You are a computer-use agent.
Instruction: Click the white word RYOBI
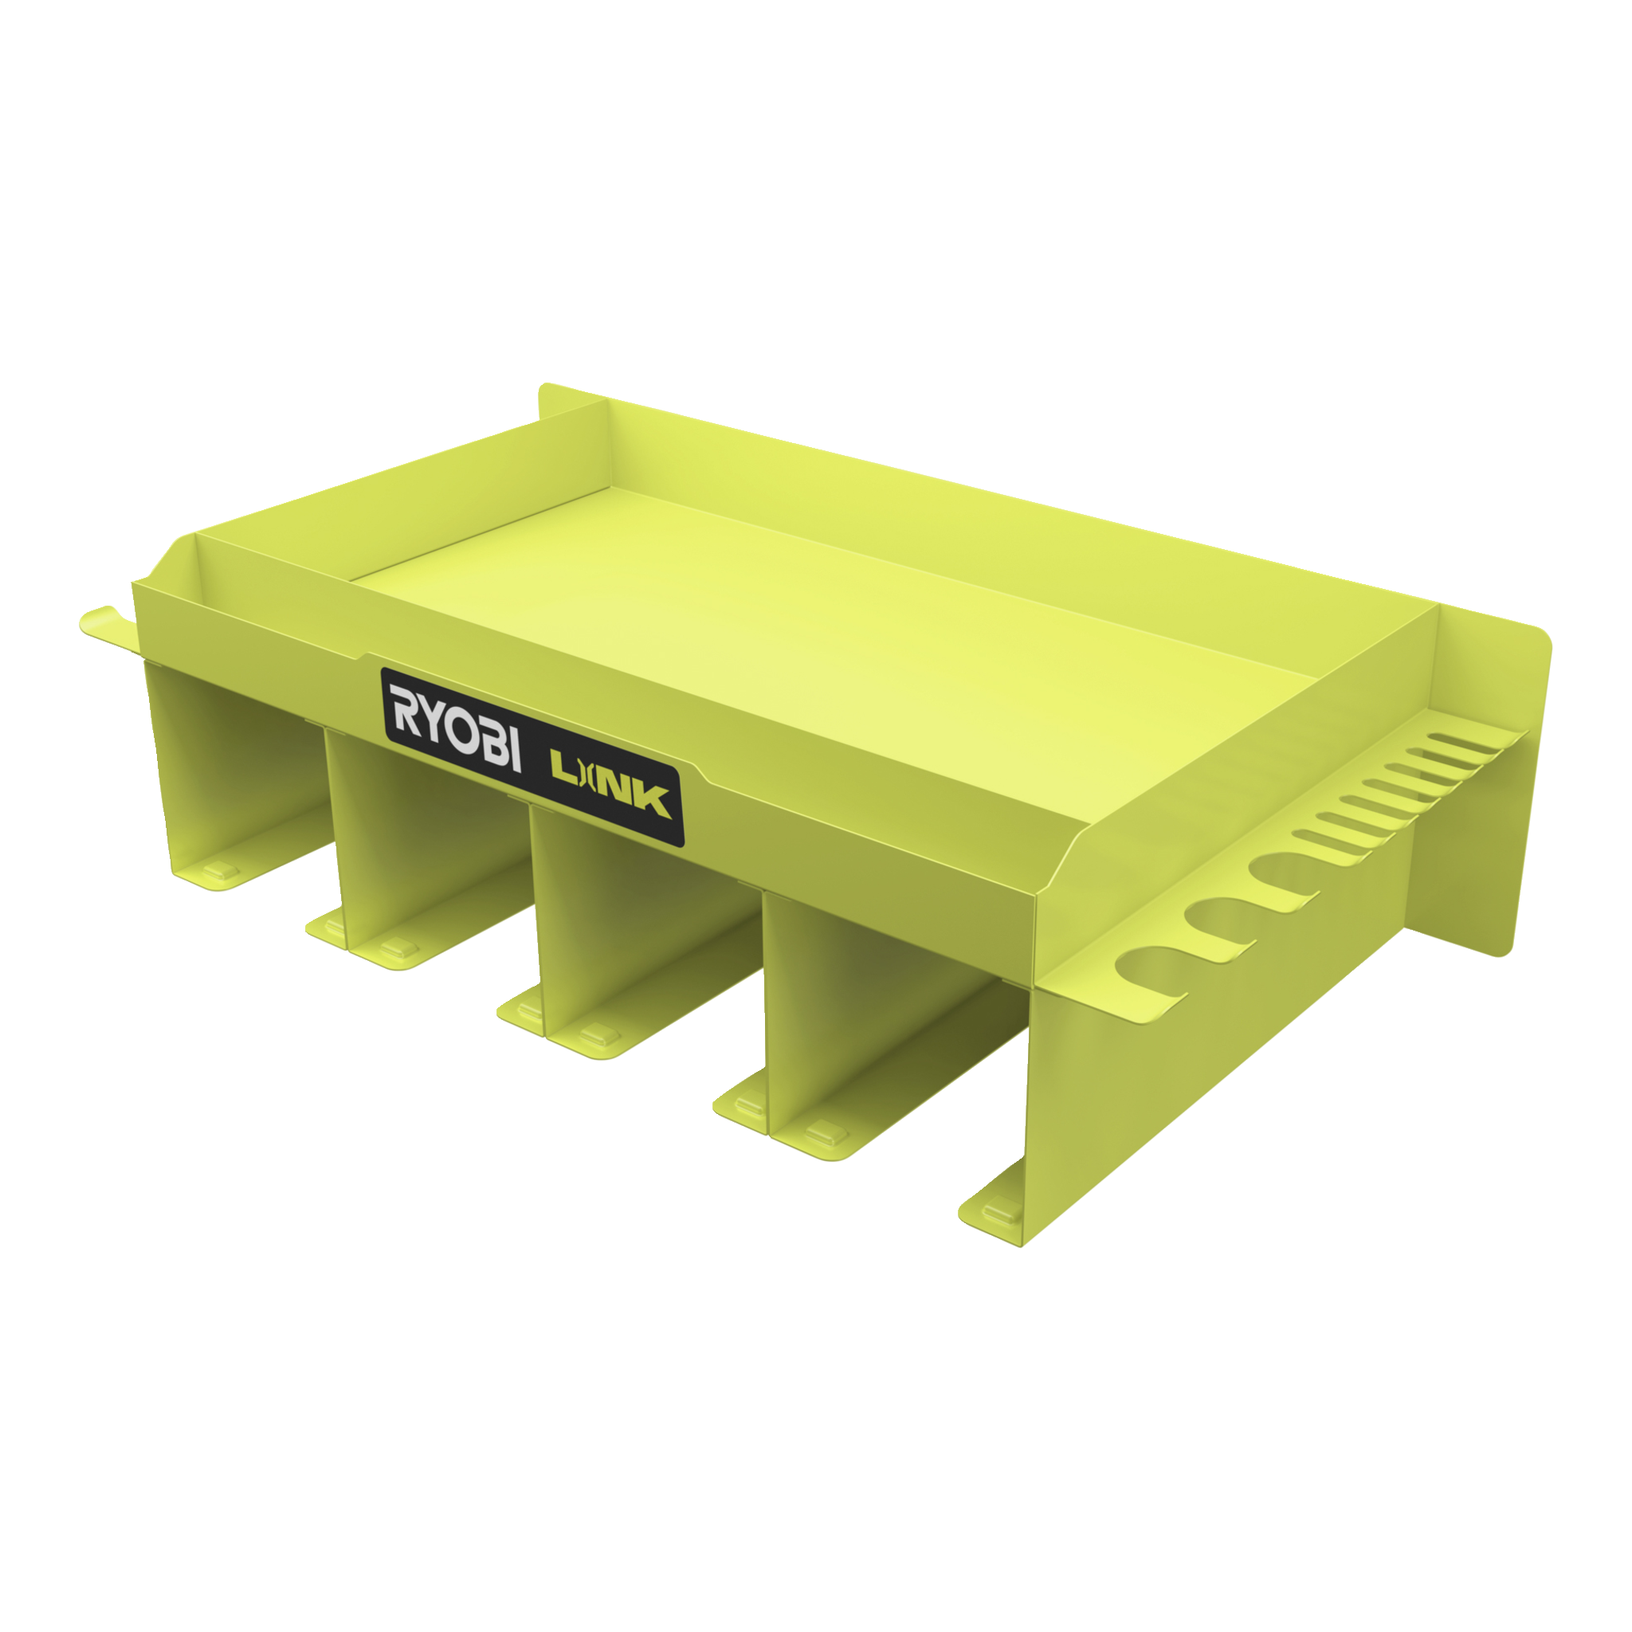[x=453, y=726]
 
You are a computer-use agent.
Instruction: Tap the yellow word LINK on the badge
[x=610, y=785]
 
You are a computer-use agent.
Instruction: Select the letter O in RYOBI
[x=460, y=729]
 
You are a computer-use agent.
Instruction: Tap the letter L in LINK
[x=563, y=767]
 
